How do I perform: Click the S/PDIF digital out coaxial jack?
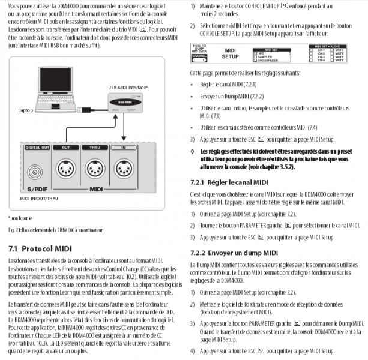[x=37, y=174]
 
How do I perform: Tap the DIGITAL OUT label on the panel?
[x=37, y=146]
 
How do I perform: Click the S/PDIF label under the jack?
[x=37, y=190]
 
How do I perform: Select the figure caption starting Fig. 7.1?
[x=55, y=230]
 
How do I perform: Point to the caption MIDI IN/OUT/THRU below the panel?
[x=39, y=197]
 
